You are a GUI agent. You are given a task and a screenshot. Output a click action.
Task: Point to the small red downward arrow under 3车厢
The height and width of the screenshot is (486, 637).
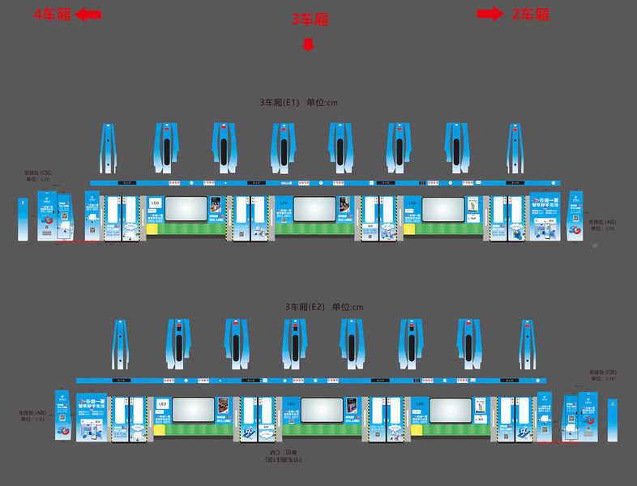click(308, 45)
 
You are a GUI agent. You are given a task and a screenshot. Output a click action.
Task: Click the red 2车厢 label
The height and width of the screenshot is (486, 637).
click(531, 14)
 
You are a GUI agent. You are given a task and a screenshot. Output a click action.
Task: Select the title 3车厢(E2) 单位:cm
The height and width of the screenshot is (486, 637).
click(324, 307)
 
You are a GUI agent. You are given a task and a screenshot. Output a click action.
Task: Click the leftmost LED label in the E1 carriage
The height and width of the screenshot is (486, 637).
click(155, 202)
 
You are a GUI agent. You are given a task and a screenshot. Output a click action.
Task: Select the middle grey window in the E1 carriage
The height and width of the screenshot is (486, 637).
click(314, 208)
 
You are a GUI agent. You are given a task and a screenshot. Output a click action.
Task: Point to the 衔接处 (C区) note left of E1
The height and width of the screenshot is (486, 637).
click(38, 175)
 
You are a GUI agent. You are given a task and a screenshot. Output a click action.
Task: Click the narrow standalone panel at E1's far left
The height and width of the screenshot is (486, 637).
click(23, 219)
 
